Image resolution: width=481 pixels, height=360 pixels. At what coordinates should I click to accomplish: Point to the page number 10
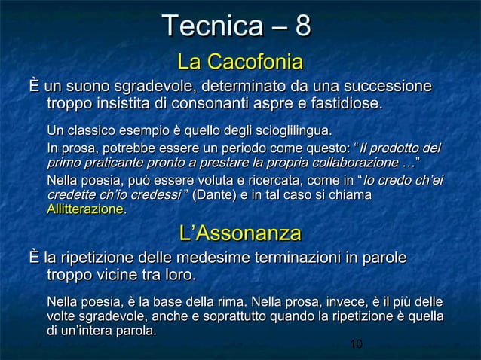point(356,344)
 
